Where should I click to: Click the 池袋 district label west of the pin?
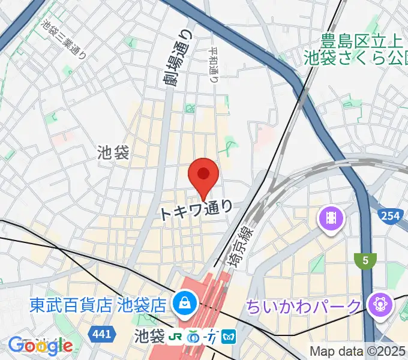point(113,153)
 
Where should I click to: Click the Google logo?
point(40,345)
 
